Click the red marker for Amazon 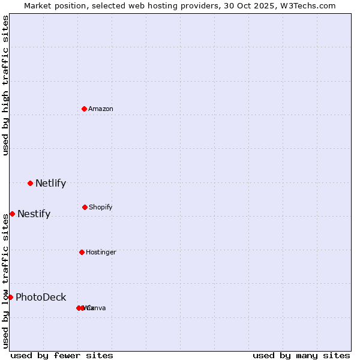coord(84,109)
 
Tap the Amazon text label coord(101,109)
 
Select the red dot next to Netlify coord(30,183)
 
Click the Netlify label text coord(50,184)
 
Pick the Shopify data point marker coord(85,207)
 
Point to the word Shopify coord(100,207)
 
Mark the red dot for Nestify coord(12,214)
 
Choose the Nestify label coord(34,214)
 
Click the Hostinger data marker coord(82,252)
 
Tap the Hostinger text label coord(101,252)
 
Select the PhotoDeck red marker coord(10,297)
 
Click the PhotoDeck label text coord(41,298)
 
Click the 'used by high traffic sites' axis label coord(5,85)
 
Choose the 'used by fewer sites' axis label coord(62,355)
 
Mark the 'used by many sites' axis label coord(301,355)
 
